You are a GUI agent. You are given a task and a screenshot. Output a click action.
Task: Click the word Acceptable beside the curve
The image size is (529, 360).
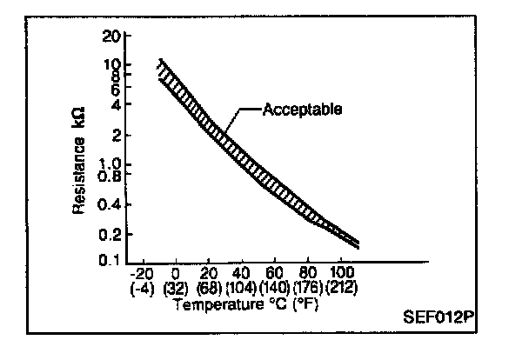point(301,110)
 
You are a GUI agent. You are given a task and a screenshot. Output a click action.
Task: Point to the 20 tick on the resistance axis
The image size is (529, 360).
point(110,37)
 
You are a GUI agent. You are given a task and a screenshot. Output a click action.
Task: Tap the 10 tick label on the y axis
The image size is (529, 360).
point(110,64)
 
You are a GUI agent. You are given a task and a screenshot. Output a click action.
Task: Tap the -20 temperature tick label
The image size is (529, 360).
point(140,272)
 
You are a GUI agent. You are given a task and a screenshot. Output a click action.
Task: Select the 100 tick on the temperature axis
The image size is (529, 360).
point(341,272)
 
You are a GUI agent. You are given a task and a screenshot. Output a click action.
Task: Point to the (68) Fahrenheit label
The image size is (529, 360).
point(208,286)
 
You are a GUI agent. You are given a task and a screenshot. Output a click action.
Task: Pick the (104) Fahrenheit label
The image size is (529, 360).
point(242,286)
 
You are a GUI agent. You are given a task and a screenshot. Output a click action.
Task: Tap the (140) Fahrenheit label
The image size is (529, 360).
point(276,286)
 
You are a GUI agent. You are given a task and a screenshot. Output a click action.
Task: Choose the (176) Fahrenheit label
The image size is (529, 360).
point(309,286)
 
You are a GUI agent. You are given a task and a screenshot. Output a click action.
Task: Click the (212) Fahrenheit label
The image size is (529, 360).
point(342,286)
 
